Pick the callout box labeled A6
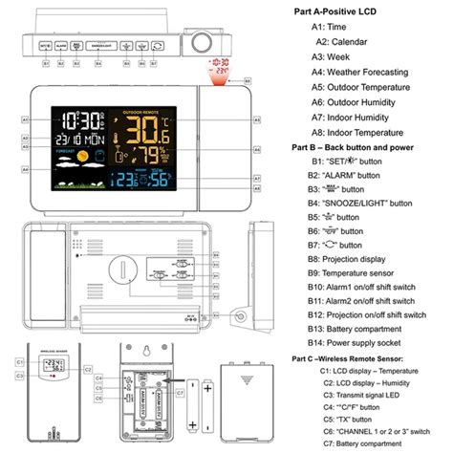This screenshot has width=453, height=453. tap(256, 151)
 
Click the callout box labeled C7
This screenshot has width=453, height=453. tap(181, 392)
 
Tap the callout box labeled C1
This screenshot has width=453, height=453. tap(19, 362)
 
